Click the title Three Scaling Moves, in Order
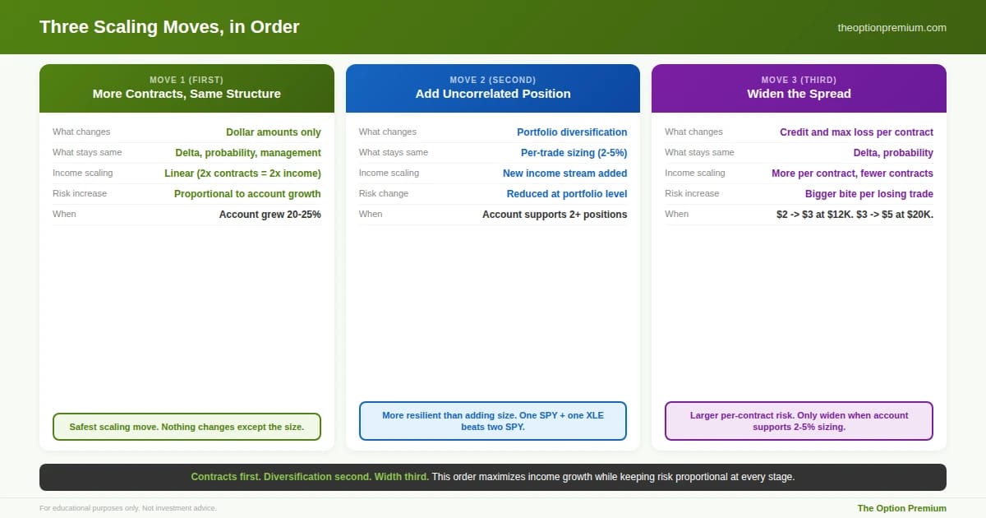point(169,27)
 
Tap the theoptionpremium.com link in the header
point(892,28)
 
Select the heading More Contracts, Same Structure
point(187,94)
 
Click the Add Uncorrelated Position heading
point(493,94)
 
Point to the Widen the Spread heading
point(799,94)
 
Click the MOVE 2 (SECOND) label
point(493,80)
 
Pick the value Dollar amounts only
point(274,132)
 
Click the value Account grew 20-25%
point(270,215)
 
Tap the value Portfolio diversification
point(572,132)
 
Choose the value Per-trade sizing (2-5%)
point(574,153)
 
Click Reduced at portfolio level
point(567,194)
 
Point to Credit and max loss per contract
point(856,132)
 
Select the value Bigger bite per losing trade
point(869,194)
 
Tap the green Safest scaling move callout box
point(187,427)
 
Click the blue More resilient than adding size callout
point(493,421)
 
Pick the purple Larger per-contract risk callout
point(799,421)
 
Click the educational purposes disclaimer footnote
point(128,508)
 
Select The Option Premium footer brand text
point(901,508)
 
